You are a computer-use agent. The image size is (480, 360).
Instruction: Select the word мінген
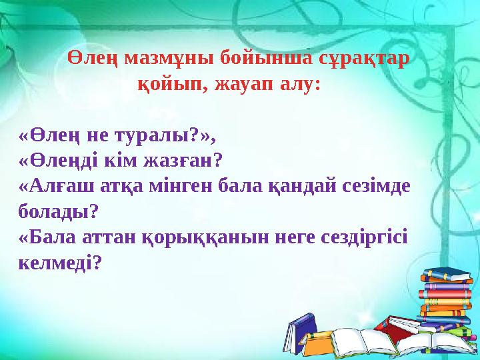click(183, 187)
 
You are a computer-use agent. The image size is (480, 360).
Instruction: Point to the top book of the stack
click(445, 274)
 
